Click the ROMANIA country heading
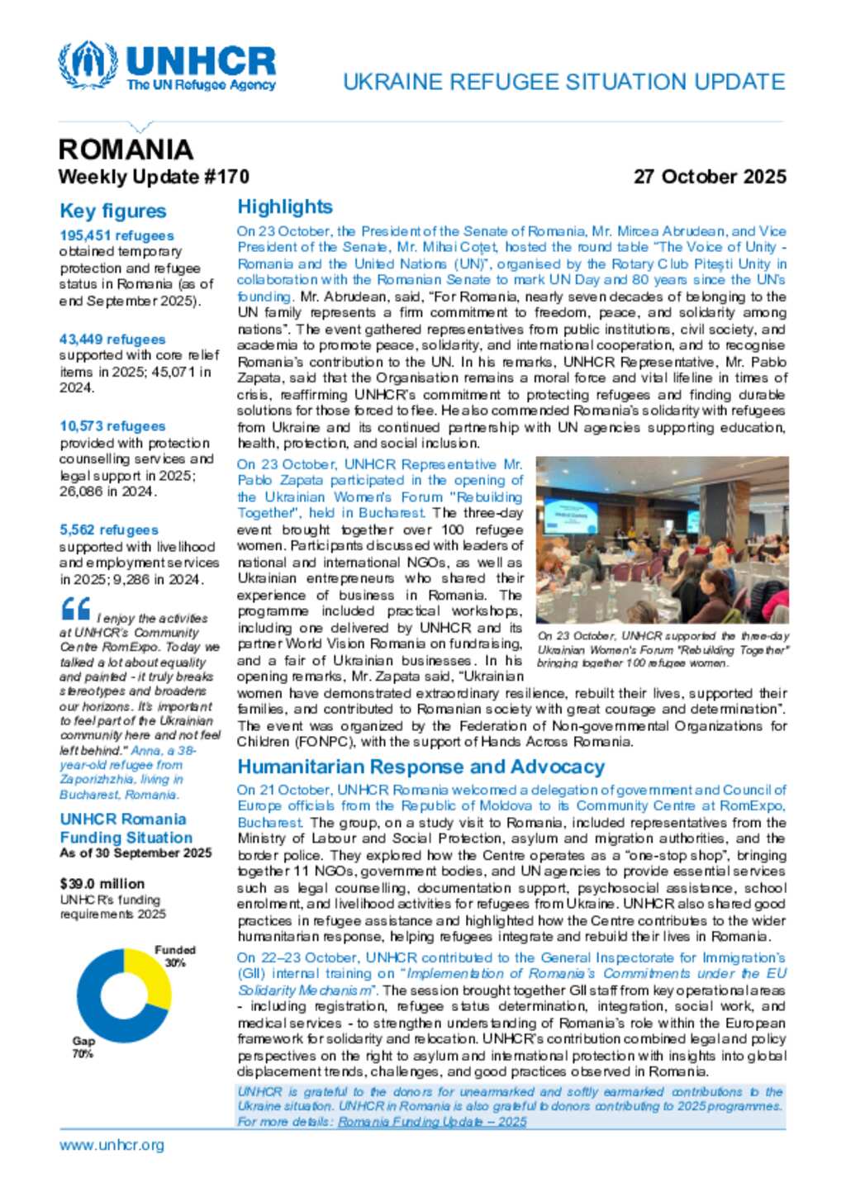pos(126,150)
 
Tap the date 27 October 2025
pos(709,177)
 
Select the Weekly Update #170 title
pos(154,177)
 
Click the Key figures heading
pos(113,211)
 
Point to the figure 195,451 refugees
pos(116,235)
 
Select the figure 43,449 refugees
pos(112,340)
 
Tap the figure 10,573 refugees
pos(112,426)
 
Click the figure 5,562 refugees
pos(109,530)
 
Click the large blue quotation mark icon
pos(76,610)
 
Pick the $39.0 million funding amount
pos(102,884)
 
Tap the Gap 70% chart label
pos(83,1047)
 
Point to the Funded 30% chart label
pos(175,957)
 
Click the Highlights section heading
pos(285,207)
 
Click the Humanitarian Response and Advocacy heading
pos(421,767)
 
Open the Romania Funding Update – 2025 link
pos(432,1122)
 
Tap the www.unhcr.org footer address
pos(112,1145)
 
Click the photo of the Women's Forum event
pos(662,540)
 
